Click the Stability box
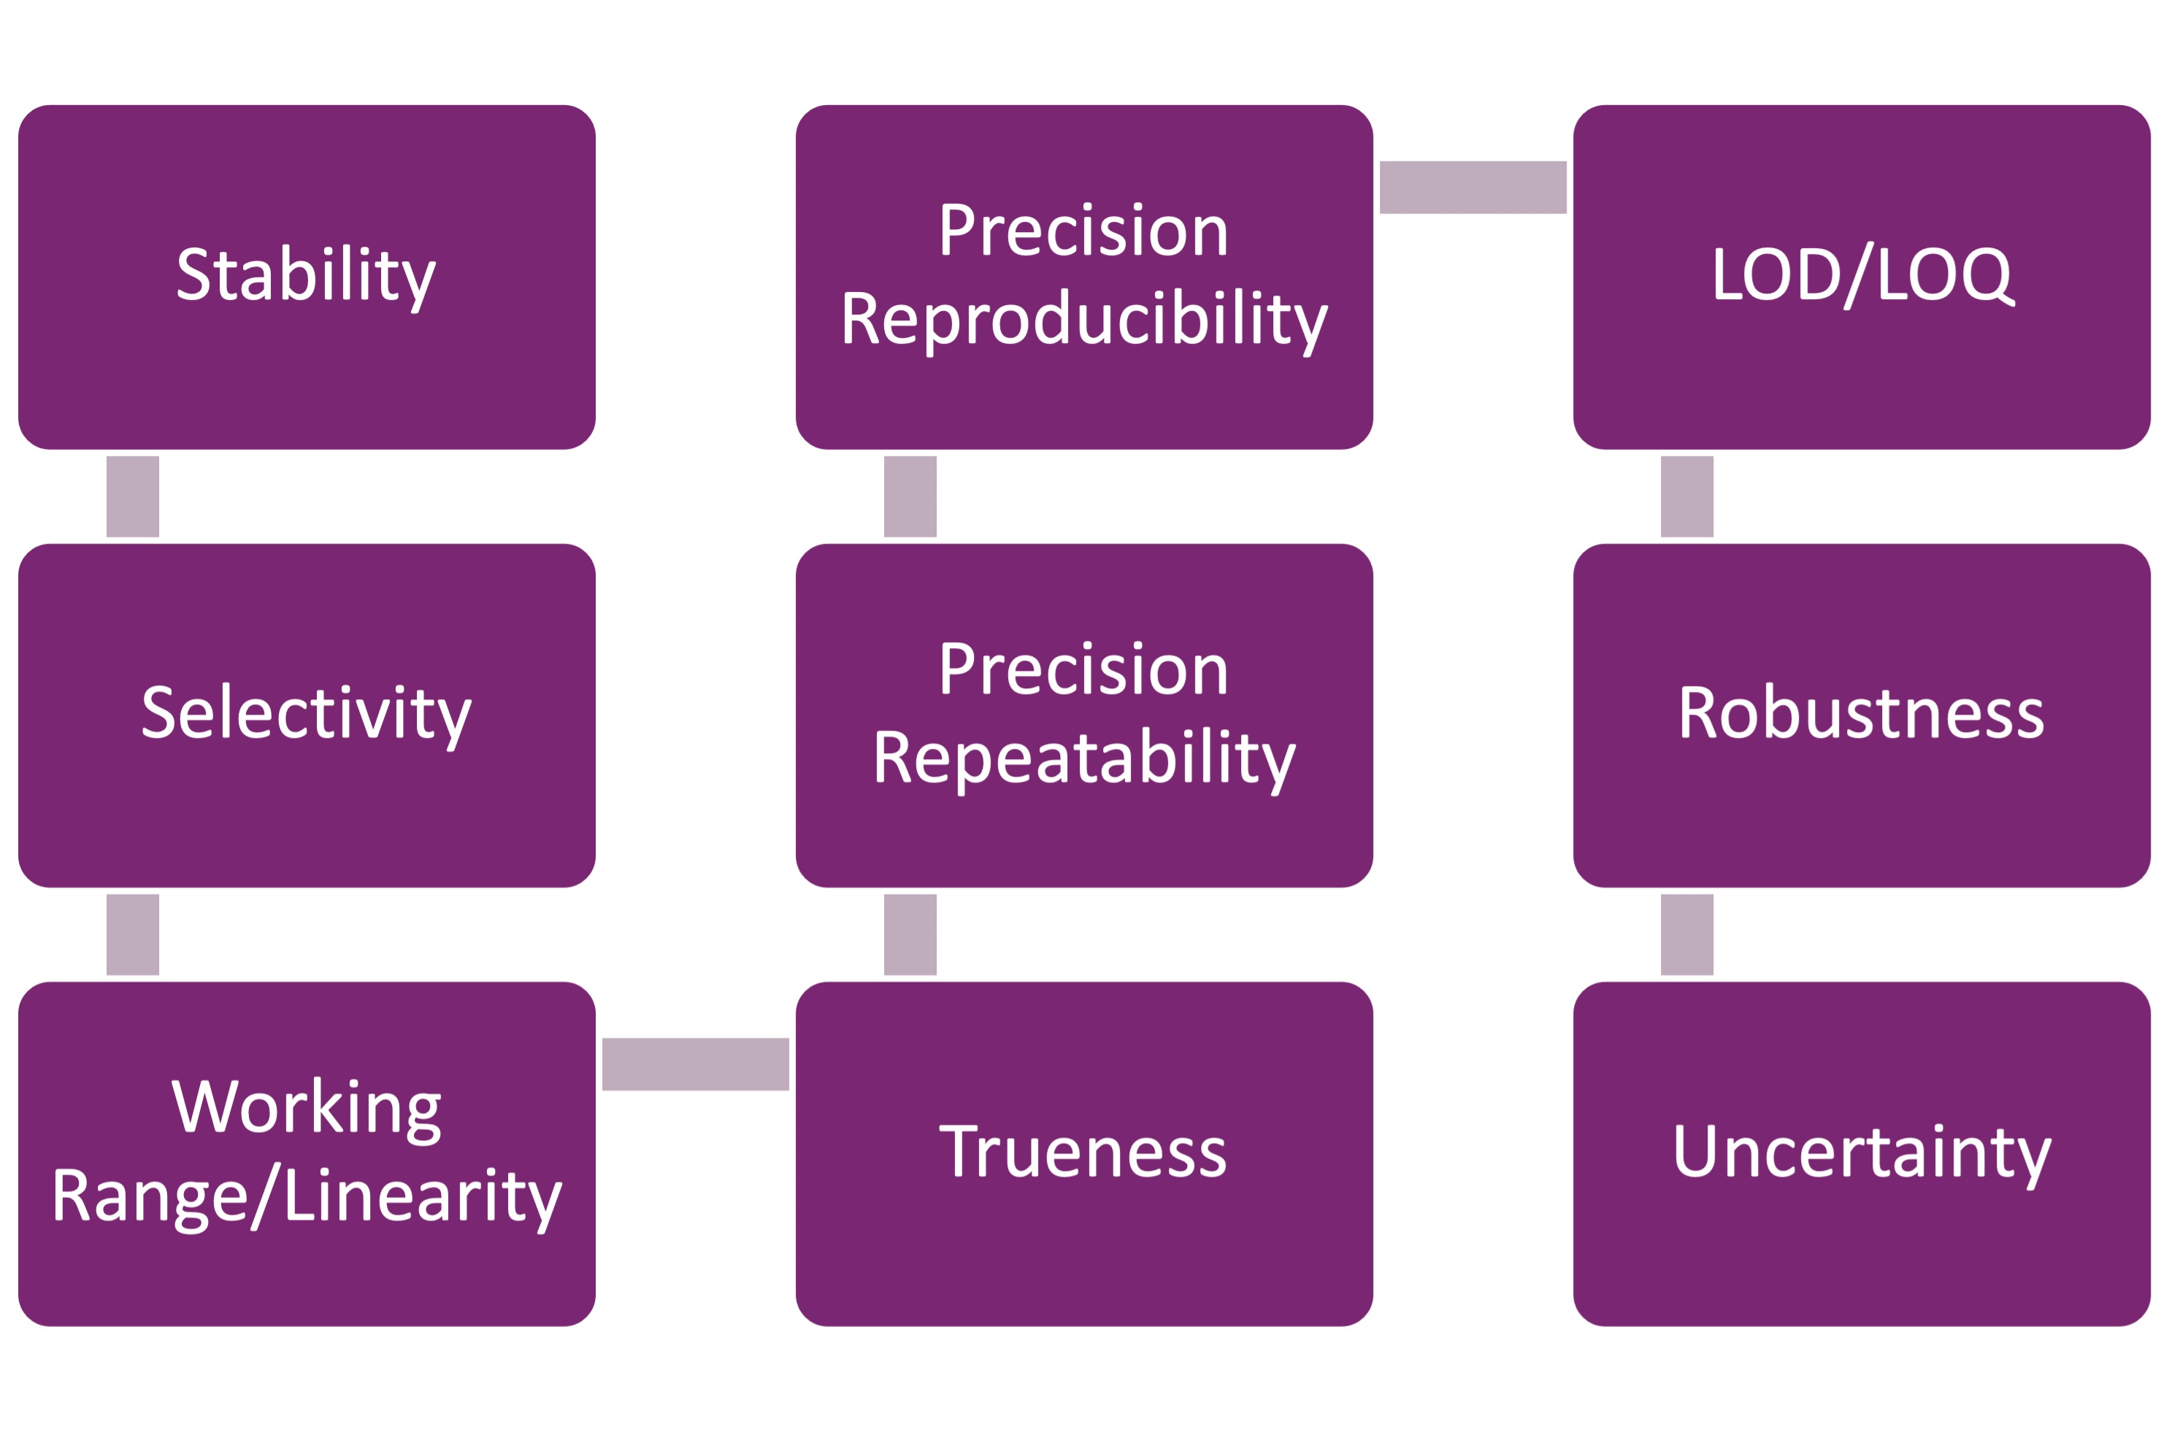(x=306, y=277)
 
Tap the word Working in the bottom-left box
(x=306, y=1107)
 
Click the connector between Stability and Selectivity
(x=133, y=496)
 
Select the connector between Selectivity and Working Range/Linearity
(x=133, y=934)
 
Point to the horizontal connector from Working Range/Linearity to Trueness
(x=695, y=1064)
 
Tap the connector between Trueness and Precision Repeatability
(x=910, y=934)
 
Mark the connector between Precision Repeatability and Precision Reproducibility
(x=910, y=496)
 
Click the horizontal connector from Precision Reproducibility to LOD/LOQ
(x=1472, y=188)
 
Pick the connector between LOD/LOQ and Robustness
(x=1687, y=496)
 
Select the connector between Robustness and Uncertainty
(x=1687, y=934)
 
